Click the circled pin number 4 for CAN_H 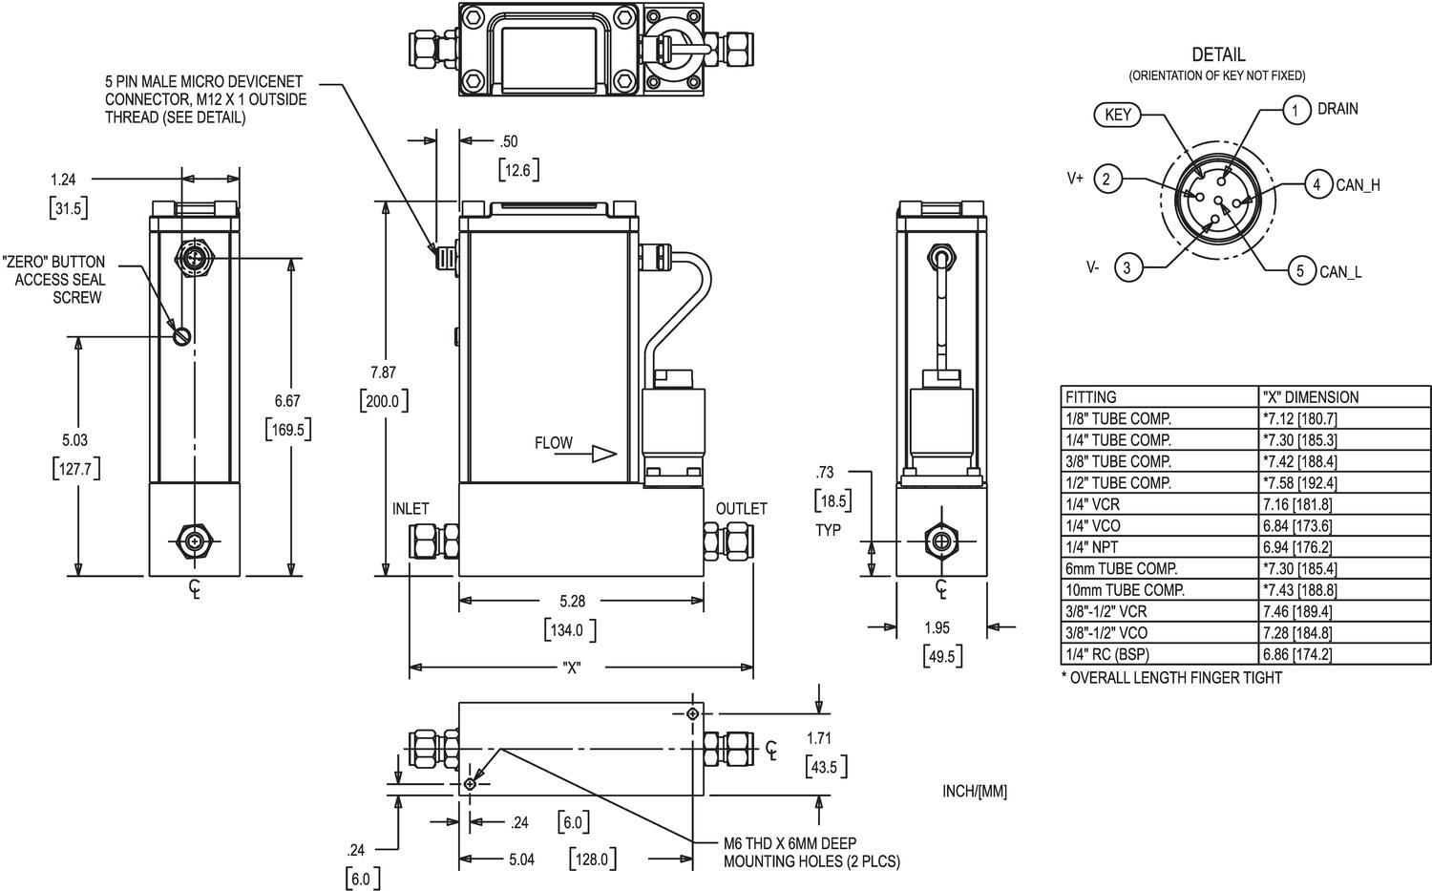[1317, 184]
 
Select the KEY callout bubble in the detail [1117, 116]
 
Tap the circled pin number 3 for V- [1127, 267]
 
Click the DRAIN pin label [1337, 109]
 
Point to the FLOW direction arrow [604, 454]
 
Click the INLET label [411, 509]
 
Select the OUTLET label [741, 509]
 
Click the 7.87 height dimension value [383, 372]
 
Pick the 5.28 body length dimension [572, 601]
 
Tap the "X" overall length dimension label [572, 668]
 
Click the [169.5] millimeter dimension [288, 430]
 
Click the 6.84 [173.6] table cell [1296, 526]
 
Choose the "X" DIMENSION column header [1310, 397]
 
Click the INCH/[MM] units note [974, 791]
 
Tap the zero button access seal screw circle [183, 335]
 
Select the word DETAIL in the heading [1218, 55]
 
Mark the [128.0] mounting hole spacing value [592, 859]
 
